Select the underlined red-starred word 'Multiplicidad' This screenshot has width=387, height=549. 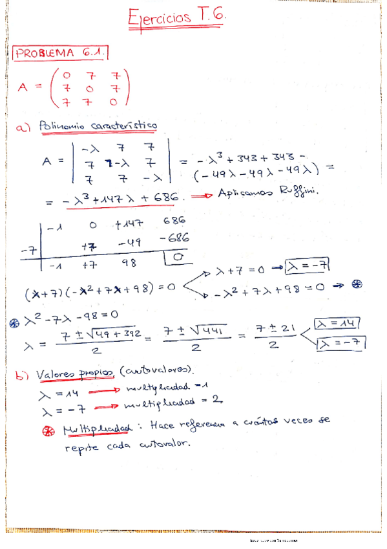coord(96,429)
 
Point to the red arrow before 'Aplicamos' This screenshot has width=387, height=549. coord(205,196)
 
